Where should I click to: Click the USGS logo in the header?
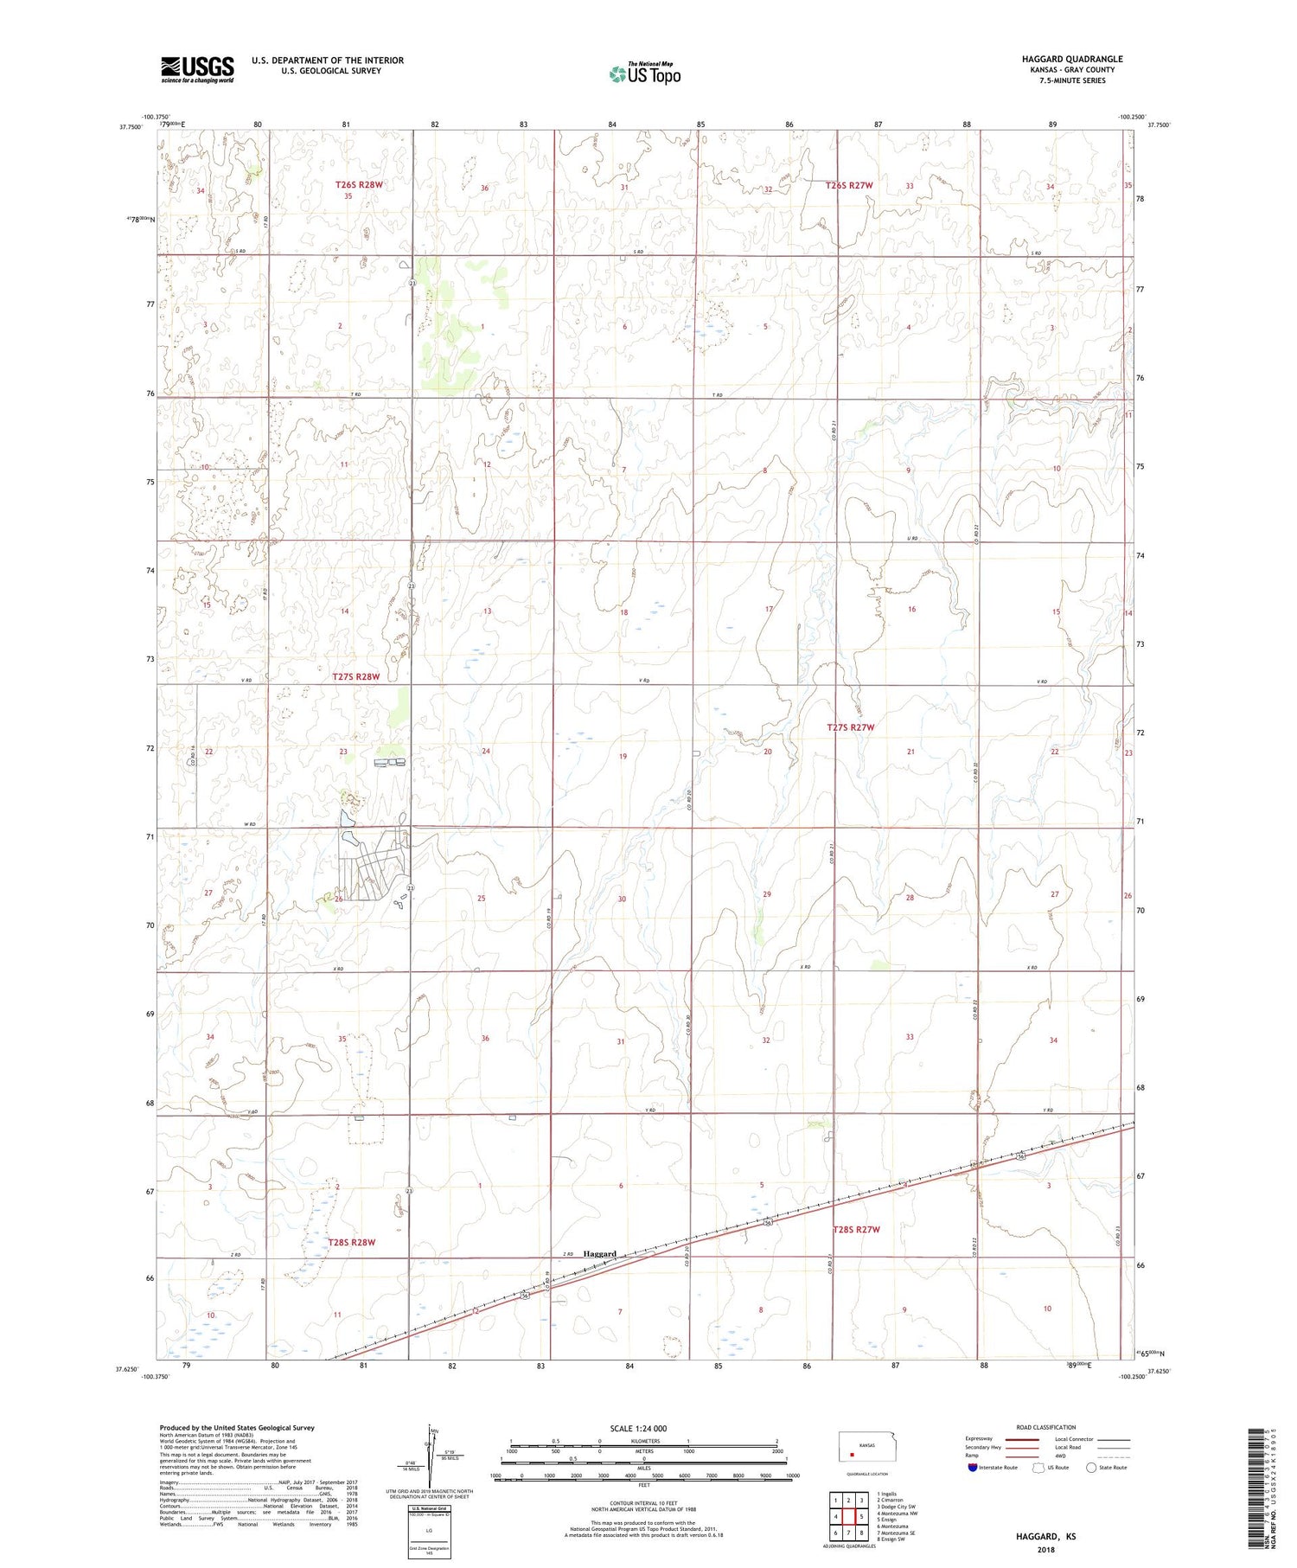click(197, 69)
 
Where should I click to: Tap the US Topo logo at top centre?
click(644, 74)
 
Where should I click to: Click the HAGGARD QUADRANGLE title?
click(1072, 59)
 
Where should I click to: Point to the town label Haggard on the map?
click(599, 1253)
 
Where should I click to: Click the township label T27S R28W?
click(355, 677)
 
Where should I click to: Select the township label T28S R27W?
click(855, 1229)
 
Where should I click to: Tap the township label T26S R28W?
click(358, 184)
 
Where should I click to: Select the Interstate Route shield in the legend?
click(973, 1467)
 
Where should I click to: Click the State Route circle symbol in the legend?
click(1091, 1467)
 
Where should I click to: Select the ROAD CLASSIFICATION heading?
click(1046, 1427)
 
